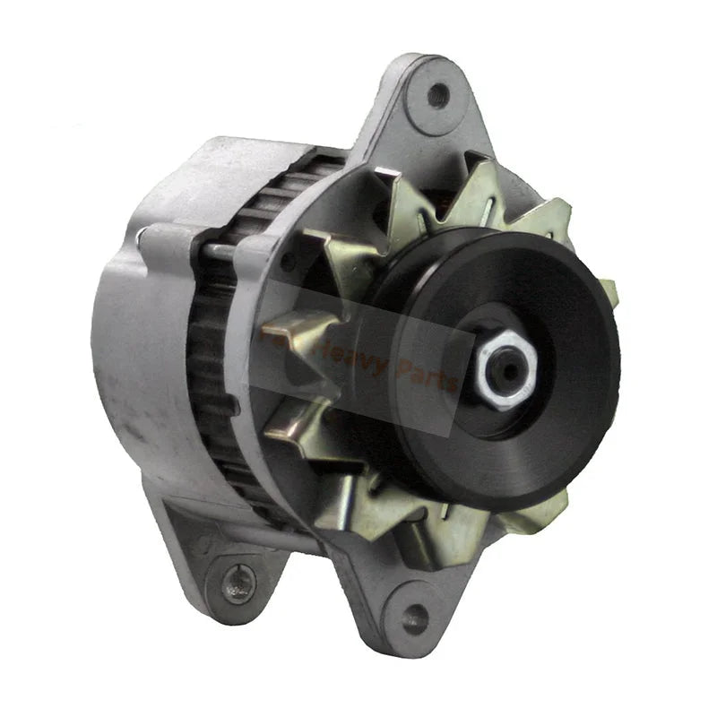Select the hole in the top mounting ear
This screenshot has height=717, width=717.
tap(436, 94)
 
